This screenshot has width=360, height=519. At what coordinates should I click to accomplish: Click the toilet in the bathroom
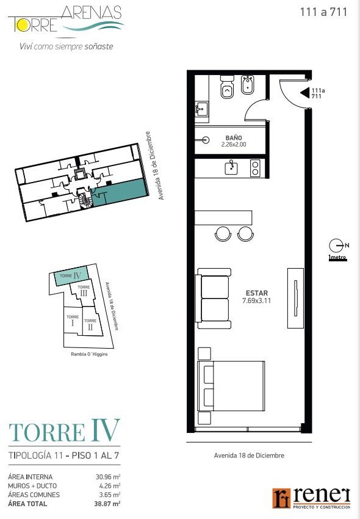(227, 87)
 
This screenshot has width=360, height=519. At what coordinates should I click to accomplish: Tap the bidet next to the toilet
(248, 85)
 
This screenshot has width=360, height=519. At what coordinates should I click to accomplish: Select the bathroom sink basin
(201, 108)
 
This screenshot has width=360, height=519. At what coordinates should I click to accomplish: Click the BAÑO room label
(234, 138)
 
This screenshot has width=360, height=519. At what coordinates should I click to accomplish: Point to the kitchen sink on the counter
(232, 167)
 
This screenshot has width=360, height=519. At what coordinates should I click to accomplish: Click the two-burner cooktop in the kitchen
(255, 168)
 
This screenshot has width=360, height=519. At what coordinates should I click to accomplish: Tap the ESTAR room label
(257, 293)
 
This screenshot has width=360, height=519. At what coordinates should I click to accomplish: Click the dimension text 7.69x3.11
(256, 301)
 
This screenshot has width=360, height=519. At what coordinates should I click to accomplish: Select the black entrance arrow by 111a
(304, 93)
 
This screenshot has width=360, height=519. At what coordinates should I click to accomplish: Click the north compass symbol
(336, 245)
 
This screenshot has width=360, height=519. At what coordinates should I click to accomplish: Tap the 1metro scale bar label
(337, 257)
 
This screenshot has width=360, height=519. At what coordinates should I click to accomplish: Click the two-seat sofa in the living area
(214, 298)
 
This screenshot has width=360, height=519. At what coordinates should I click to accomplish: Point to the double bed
(231, 386)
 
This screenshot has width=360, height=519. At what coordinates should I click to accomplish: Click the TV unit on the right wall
(295, 298)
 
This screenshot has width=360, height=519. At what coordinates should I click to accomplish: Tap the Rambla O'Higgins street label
(89, 354)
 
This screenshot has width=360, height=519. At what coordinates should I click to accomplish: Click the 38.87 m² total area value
(107, 504)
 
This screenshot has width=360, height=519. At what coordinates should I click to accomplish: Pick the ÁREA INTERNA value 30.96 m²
(108, 477)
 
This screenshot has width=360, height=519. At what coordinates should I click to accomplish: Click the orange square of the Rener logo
(281, 498)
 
